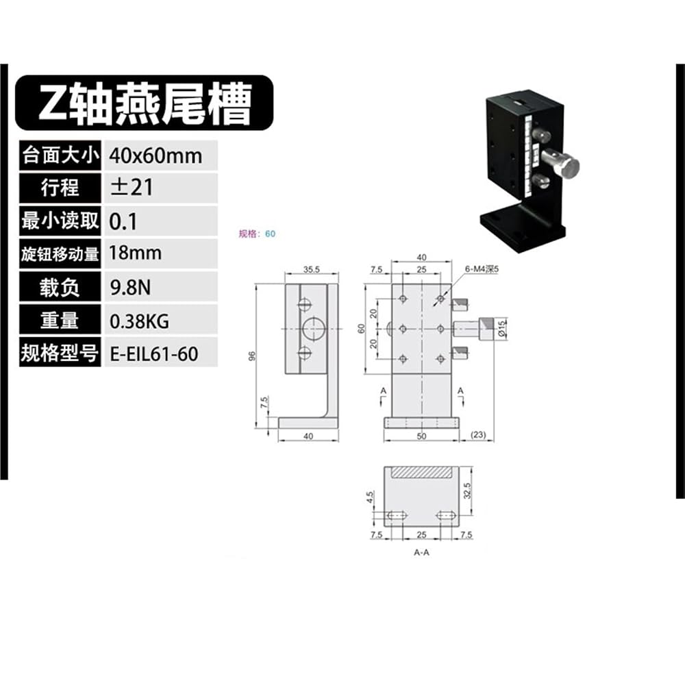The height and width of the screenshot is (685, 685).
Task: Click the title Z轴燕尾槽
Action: [x=145, y=103]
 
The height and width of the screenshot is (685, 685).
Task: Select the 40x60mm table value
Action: [x=156, y=156]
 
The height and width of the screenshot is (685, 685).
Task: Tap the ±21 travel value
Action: [x=132, y=188]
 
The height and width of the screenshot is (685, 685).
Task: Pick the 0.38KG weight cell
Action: [x=139, y=321]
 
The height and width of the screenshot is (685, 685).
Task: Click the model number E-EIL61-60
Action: [x=153, y=354]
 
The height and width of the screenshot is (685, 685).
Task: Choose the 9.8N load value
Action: [x=130, y=288]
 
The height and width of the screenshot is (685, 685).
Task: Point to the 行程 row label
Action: [x=60, y=188]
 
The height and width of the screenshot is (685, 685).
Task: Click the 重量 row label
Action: [x=60, y=321]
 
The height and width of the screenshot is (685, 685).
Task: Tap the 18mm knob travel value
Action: [x=135, y=253]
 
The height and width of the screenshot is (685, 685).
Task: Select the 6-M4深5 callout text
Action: [x=482, y=269]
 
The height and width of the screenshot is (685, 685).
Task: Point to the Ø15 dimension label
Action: [x=501, y=329]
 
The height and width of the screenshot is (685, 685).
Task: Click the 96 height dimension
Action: [x=251, y=356]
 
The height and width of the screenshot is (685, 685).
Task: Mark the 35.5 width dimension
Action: [x=312, y=269]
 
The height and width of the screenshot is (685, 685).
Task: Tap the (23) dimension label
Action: [x=478, y=435]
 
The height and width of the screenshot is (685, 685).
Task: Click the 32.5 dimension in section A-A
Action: [x=468, y=490]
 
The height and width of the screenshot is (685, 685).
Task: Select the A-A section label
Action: [x=421, y=553]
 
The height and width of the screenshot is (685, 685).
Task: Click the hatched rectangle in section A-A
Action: [x=421, y=472]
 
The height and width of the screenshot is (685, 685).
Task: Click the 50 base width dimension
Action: [x=421, y=436]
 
